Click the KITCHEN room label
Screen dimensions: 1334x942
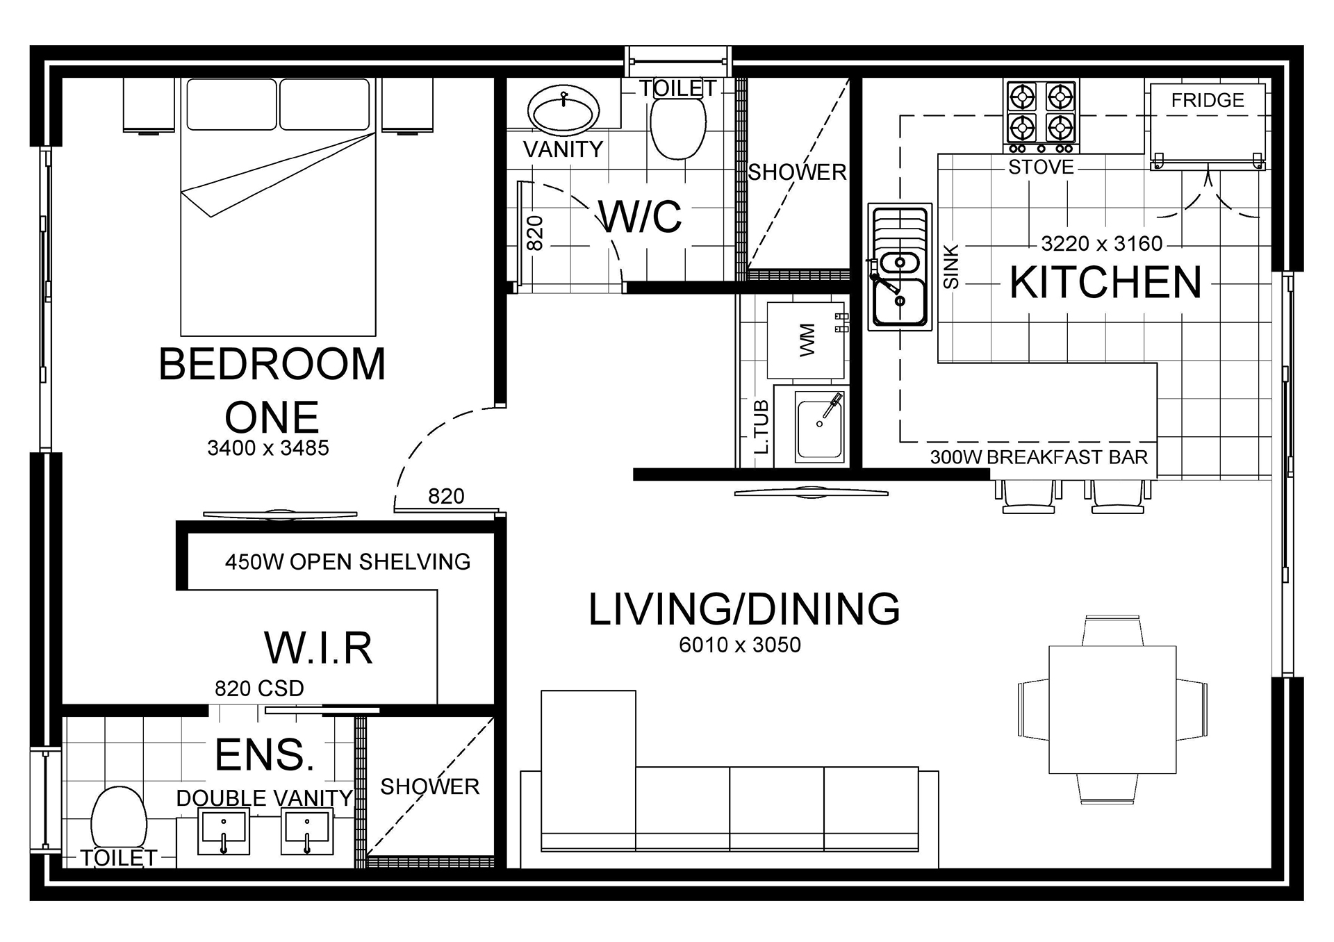(x=1105, y=282)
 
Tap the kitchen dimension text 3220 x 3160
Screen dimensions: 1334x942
(x=1102, y=244)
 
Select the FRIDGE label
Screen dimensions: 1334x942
(x=1208, y=100)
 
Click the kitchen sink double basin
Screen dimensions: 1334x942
(x=900, y=267)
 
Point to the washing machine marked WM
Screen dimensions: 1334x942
(x=806, y=340)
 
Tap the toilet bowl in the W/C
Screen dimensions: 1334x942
(x=677, y=128)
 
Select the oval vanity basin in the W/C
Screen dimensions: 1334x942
(x=563, y=110)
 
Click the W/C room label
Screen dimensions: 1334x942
(x=641, y=217)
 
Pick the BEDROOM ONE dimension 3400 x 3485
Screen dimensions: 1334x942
(x=268, y=448)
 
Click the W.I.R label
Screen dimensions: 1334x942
(x=319, y=647)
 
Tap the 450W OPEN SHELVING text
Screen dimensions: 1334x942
(x=347, y=561)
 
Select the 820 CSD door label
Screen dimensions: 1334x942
(x=259, y=688)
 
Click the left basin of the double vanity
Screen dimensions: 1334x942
(x=224, y=831)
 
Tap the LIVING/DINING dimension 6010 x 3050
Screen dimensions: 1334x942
(x=740, y=645)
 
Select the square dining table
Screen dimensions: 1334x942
(x=1112, y=709)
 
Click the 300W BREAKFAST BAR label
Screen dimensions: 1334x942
(x=1039, y=457)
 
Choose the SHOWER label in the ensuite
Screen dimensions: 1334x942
(x=430, y=786)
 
